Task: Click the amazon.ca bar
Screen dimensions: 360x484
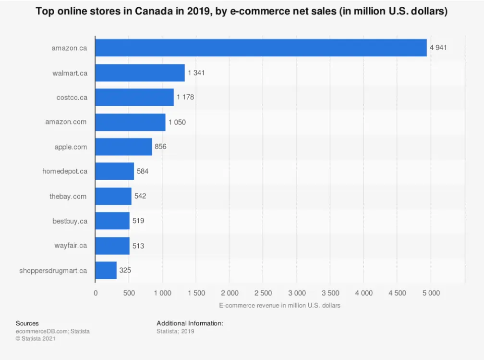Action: click(261, 48)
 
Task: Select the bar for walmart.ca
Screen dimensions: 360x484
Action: click(140, 73)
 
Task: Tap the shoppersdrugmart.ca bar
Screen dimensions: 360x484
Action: click(106, 270)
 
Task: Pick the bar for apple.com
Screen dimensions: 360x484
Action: click(123, 147)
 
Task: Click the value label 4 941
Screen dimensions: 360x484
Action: click(438, 48)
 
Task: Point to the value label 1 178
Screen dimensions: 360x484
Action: click(185, 97)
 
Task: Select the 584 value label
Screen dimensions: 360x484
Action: click(143, 171)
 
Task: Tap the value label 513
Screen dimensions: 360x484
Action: click(138, 246)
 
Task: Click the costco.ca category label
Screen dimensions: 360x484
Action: click(72, 97)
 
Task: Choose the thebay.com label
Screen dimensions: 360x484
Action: click(68, 196)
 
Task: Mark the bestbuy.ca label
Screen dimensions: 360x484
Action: click(70, 221)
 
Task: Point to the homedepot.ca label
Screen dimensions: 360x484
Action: click(65, 171)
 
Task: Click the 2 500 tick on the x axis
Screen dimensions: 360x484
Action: click(263, 293)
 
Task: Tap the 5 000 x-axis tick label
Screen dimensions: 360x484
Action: click(430, 293)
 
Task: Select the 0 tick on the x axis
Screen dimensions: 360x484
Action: click(96, 293)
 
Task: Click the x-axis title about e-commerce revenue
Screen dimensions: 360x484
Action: click(279, 306)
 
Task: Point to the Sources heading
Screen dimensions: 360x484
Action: click(27, 323)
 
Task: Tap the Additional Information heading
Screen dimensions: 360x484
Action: click(190, 323)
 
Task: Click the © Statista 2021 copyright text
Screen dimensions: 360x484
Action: click(36, 339)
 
